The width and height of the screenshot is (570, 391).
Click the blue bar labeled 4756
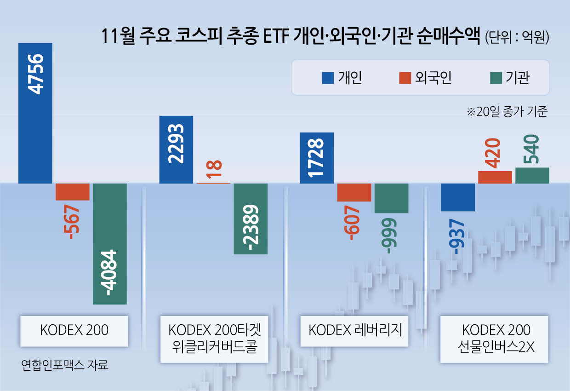pos(35,113)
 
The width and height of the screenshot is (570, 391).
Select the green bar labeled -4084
pos(109,244)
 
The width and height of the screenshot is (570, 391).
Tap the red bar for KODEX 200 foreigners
pos(73,192)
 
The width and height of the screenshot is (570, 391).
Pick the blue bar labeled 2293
pos(176,149)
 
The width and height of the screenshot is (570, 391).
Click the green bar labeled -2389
pos(251,218)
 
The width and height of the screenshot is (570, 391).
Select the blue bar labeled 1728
pos(316,158)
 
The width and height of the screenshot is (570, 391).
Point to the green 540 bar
pos(532,175)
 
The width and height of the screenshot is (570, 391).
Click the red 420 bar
pos(495,177)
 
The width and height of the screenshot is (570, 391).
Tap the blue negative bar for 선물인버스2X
pos(457,197)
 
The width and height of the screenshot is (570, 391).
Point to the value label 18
pos(214,169)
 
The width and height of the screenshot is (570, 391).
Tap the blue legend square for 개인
pos(327,78)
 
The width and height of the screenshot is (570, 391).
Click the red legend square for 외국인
pos(405,78)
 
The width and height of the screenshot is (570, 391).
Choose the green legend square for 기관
pos(495,78)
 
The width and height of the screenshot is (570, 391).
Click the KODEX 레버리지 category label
pos(355,330)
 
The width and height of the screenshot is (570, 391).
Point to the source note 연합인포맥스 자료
pos(65,366)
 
